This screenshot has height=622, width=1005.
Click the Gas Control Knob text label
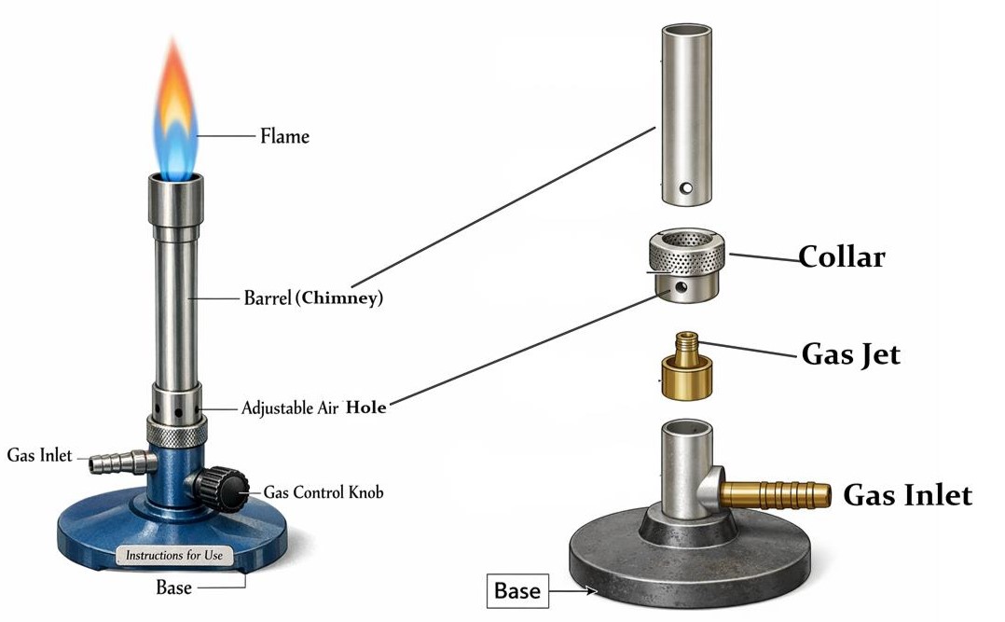(x=323, y=491)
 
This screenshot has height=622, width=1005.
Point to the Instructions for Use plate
(x=174, y=556)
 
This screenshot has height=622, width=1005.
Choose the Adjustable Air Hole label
(x=313, y=408)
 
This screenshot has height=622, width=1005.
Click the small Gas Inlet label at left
(x=39, y=456)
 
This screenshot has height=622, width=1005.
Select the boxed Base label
(x=517, y=591)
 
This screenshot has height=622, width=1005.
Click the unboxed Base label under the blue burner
(x=174, y=587)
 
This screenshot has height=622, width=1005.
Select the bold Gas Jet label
(x=850, y=354)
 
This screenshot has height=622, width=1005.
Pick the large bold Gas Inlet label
(x=906, y=495)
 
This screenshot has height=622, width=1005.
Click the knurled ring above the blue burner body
(x=176, y=432)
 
